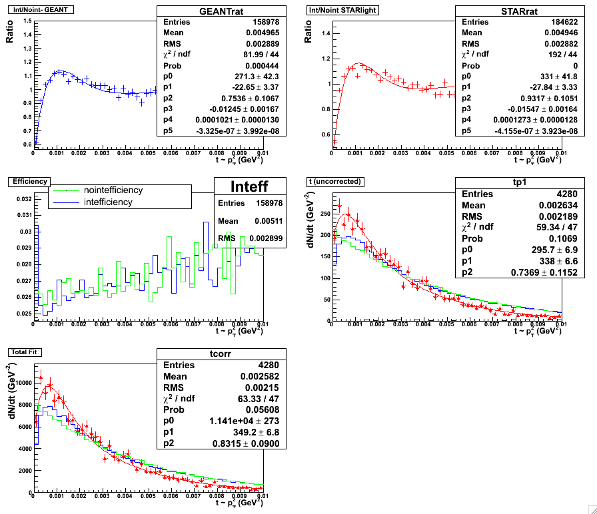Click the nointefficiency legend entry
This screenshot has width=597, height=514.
pyautogui.click(x=113, y=190)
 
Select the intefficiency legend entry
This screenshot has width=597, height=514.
pyautogui.click(x=108, y=202)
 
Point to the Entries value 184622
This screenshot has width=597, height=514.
pyautogui.click(x=544, y=22)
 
